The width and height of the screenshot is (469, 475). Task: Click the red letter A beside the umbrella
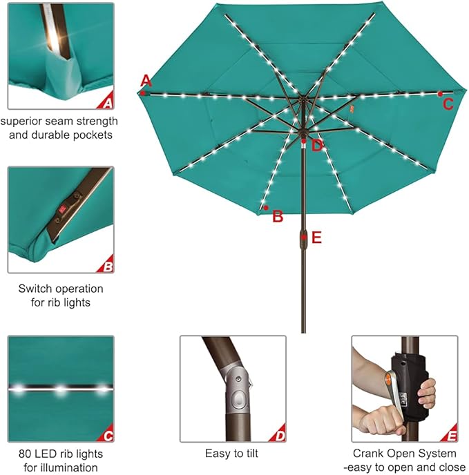click(145, 79)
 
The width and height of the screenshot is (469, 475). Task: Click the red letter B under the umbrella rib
click(278, 216)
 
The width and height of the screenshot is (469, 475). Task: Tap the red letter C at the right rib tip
click(448, 104)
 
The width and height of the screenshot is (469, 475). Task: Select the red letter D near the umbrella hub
click(317, 145)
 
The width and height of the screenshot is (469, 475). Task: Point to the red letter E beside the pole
click(316, 237)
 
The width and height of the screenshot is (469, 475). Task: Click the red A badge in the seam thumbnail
click(106, 103)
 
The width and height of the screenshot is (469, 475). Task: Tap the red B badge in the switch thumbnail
click(106, 266)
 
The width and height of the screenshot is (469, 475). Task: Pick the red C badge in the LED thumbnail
click(106, 436)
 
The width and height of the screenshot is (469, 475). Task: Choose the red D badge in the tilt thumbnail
click(278, 436)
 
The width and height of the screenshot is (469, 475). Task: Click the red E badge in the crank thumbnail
click(450, 436)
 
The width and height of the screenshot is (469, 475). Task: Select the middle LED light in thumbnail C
click(60, 389)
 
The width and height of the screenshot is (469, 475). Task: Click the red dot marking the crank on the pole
click(303, 237)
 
